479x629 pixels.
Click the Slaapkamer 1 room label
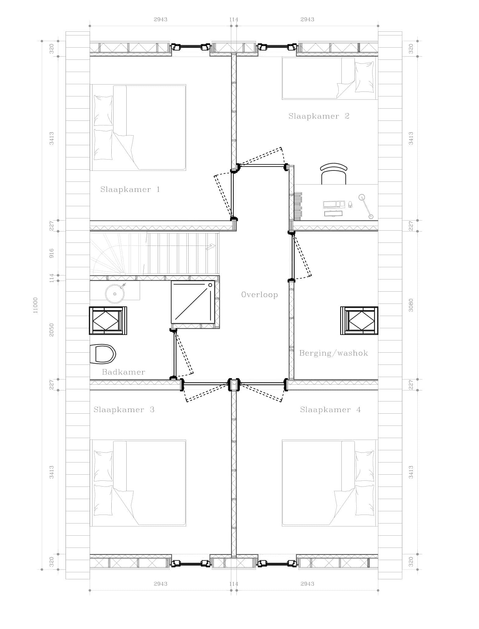click(130, 189)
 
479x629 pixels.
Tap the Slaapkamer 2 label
click(319, 116)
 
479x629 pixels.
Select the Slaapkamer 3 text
click(124, 410)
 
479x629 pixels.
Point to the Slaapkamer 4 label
click(330, 410)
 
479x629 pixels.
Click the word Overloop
click(260, 295)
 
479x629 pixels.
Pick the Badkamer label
click(124, 372)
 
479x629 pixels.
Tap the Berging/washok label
click(333, 353)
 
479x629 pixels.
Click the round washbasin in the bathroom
click(115, 293)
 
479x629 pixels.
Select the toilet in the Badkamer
click(103, 354)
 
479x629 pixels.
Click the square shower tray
click(193, 302)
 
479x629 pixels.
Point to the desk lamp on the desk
click(366, 207)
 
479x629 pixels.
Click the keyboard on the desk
click(333, 213)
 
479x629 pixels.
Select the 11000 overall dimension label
click(35, 305)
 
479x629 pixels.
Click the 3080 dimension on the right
click(411, 305)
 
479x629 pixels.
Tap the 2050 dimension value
click(52, 330)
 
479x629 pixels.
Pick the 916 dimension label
click(52, 253)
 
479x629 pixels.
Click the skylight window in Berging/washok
click(359, 321)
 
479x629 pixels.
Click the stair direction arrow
click(211, 247)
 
